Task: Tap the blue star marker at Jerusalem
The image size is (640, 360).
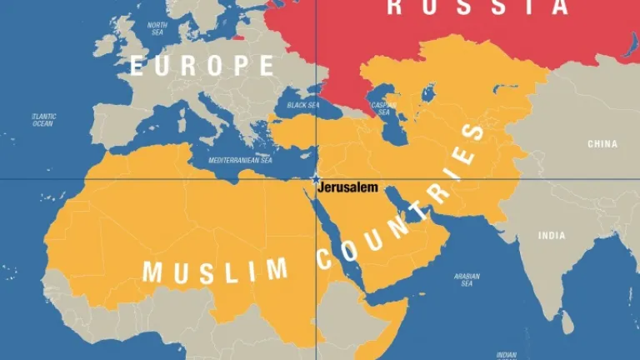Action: [316, 179]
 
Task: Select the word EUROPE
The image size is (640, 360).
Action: [202, 65]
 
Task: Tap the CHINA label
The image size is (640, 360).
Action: [602, 144]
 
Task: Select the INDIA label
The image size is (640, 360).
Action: [551, 236]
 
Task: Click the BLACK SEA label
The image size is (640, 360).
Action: [302, 106]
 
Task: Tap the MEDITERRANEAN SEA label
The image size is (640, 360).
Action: [240, 160]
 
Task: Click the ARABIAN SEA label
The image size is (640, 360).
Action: [467, 279]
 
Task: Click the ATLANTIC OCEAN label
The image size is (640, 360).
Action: [42, 120]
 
